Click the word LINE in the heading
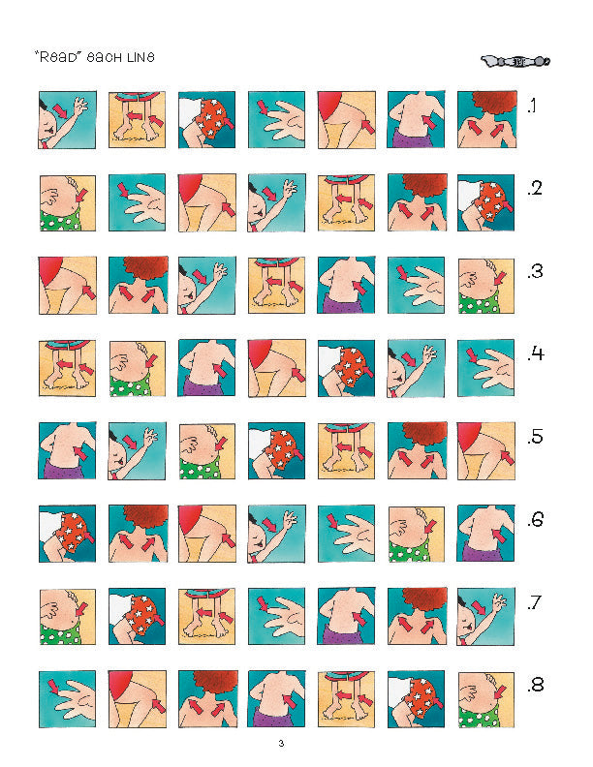140,57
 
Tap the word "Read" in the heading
57,57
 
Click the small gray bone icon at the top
515,61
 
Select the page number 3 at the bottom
281,744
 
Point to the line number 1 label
532,106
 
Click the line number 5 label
535,437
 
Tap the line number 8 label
535,685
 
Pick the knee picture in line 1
347,120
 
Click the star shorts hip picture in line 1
206,120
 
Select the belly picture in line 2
68,202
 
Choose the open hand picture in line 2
137,202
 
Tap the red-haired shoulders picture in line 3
138,285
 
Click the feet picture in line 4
68,368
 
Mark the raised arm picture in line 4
417,368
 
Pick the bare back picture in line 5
68,450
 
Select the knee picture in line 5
485,450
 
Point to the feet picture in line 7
206,616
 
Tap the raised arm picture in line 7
485,616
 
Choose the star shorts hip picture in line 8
417,699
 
